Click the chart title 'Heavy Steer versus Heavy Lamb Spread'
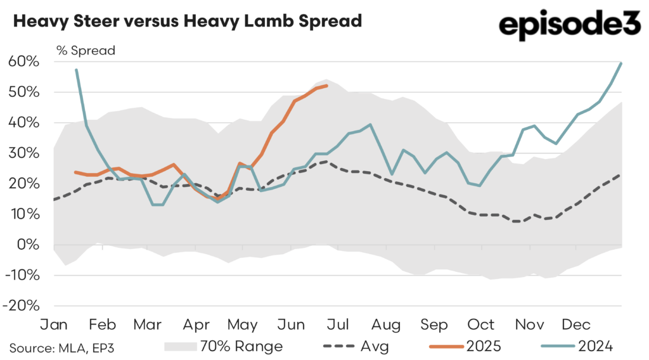187,21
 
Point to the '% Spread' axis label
85,51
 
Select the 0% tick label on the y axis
29,245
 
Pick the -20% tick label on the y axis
22,305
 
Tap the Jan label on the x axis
55,325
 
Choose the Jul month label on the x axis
338,325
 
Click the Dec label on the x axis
577,325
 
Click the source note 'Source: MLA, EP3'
62,347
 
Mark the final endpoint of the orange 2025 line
326,86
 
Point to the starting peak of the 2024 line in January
77,70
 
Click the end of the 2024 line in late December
621,63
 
